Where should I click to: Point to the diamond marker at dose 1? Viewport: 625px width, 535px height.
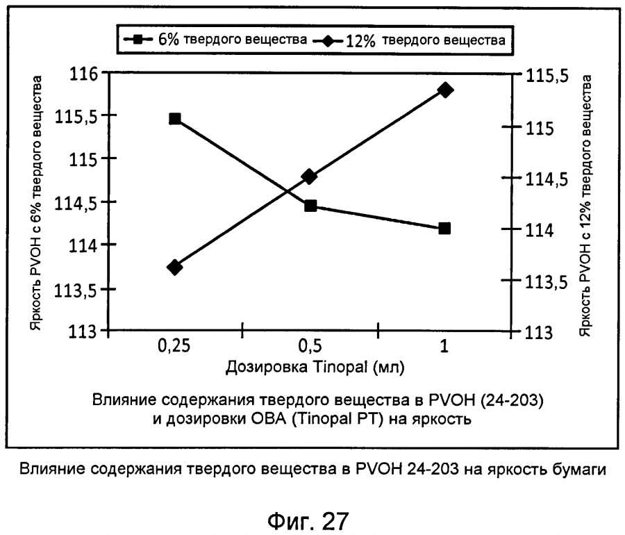445,90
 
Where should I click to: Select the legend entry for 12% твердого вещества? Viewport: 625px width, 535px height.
412,40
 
